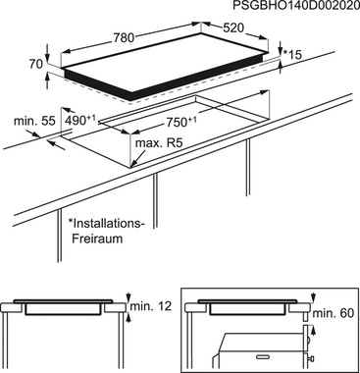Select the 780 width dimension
(124, 38)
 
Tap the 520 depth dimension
(233, 28)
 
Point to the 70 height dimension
(36, 64)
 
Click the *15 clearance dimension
(292, 55)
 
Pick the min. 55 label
(34, 121)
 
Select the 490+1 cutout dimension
(80, 120)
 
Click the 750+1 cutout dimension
(181, 122)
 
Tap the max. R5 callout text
(159, 143)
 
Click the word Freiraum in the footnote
(97, 239)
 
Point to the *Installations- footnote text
(106, 224)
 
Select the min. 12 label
(151, 306)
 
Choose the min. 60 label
(334, 313)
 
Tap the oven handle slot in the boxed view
(265, 355)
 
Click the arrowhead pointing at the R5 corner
(134, 164)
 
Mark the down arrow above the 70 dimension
(48, 52)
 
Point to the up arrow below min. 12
(129, 318)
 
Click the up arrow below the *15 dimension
(281, 67)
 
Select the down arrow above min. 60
(314, 297)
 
